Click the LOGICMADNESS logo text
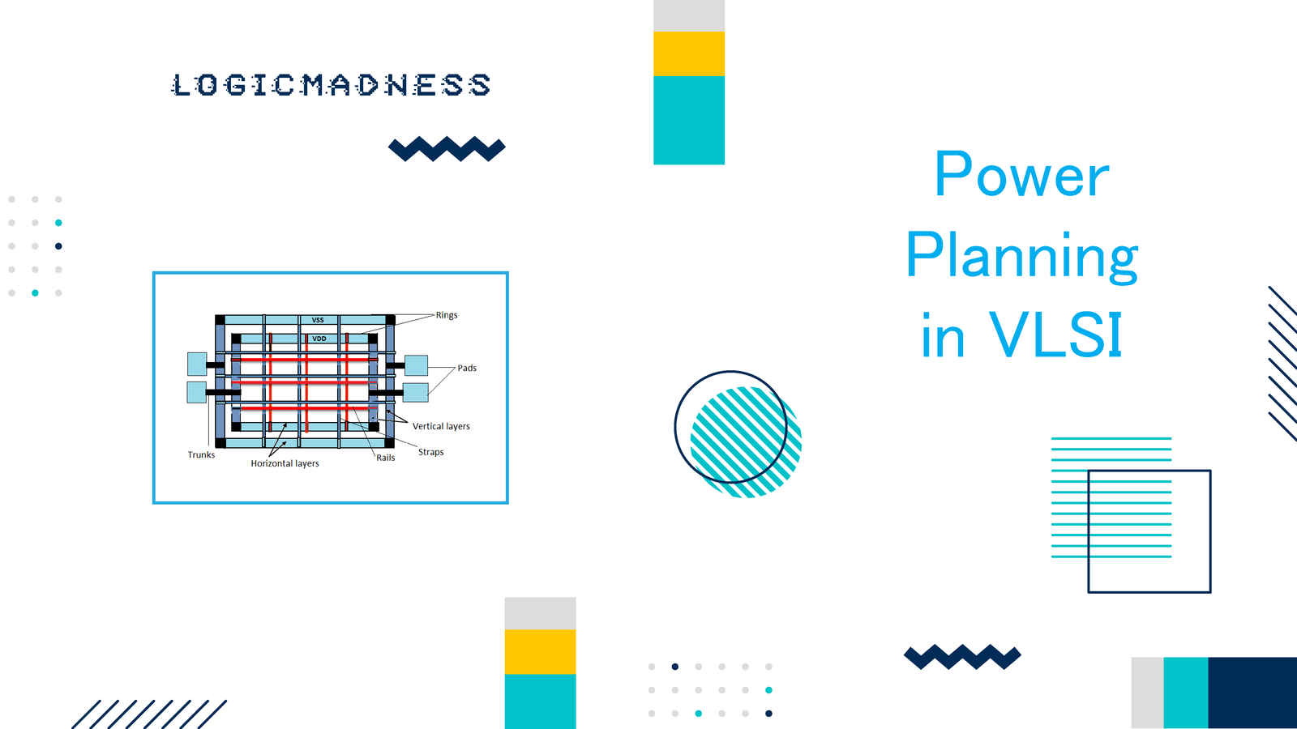(x=332, y=84)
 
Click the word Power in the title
(x=1022, y=175)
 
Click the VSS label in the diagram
(x=318, y=320)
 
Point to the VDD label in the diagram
(x=319, y=339)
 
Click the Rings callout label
(x=447, y=315)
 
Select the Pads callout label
(x=467, y=368)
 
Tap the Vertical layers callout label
(x=441, y=426)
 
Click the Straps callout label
(x=430, y=452)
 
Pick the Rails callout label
(x=386, y=458)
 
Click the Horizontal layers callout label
(x=285, y=463)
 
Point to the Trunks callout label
(x=201, y=454)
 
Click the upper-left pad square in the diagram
(x=197, y=364)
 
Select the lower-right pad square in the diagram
(x=416, y=392)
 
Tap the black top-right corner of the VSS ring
(x=390, y=319)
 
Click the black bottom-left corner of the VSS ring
(x=220, y=443)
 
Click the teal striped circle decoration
(x=746, y=442)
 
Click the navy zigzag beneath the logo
(x=447, y=149)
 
